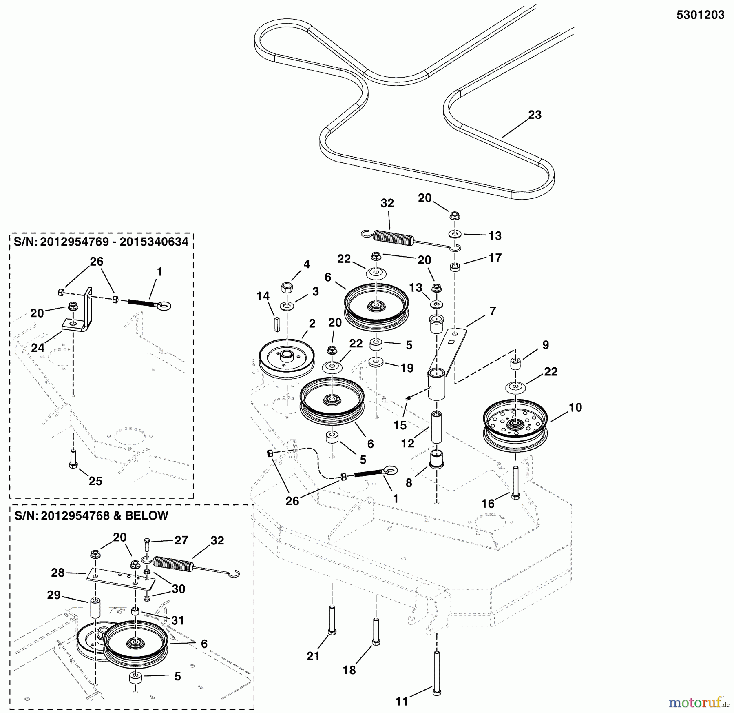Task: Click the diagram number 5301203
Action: point(700,16)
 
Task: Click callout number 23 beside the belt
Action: point(535,115)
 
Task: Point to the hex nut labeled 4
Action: point(286,287)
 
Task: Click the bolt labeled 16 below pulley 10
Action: point(515,483)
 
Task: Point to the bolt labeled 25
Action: point(73,459)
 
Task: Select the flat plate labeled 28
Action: point(120,578)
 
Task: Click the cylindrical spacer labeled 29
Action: point(95,608)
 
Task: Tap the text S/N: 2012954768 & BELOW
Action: point(91,515)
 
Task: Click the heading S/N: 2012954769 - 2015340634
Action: point(101,242)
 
